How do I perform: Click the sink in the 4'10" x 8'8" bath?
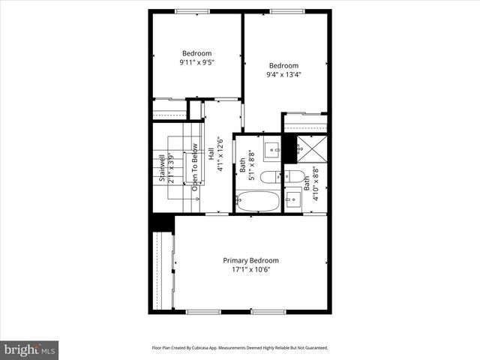tap(294, 199)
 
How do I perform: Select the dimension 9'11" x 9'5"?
tap(196, 63)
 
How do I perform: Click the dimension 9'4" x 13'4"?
tap(283, 74)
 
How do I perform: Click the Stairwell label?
tap(161, 169)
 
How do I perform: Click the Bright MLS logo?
tap(30, 349)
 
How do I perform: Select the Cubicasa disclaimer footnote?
tap(240, 348)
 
